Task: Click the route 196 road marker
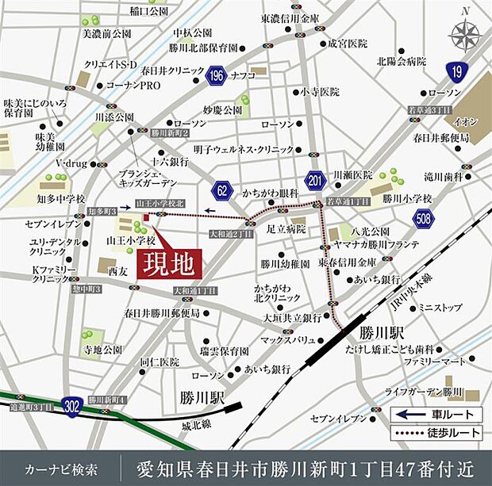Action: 215,75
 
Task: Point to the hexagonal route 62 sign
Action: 223,189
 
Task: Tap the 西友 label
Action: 117,271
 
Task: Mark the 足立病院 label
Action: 285,228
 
